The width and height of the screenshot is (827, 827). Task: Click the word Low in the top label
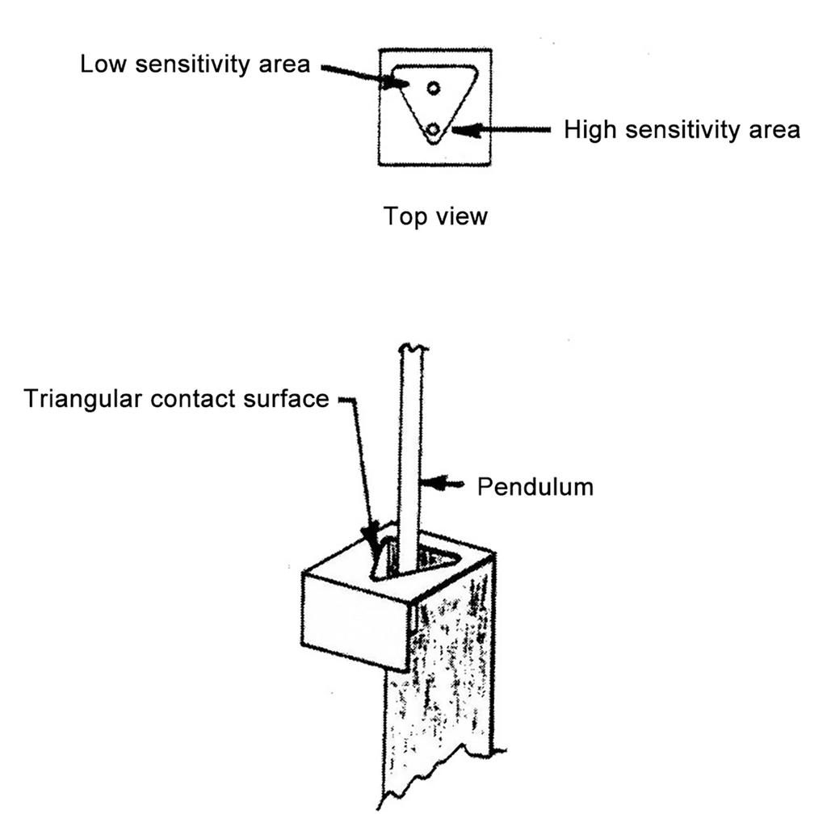point(103,65)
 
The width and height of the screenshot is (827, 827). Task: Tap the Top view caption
point(435,216)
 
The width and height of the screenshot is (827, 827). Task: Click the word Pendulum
point(535,486)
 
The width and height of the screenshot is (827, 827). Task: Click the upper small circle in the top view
point(434,87)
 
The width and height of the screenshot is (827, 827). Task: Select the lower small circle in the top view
point(434,128)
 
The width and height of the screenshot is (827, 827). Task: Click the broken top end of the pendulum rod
point(411,349)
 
